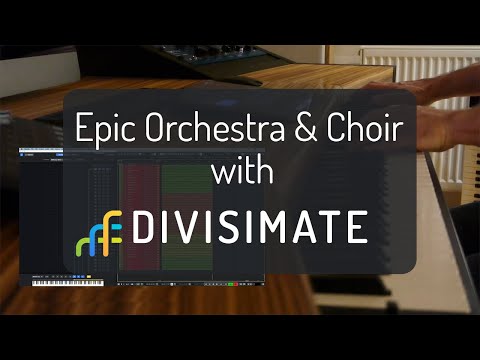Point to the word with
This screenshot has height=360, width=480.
click(240, 173)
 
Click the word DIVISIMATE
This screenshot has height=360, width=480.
click(255, 228)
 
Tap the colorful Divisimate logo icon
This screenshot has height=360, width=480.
click(99, 231)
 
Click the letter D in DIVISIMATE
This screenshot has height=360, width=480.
click(145, 228)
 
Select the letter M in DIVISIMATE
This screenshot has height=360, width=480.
click(276, 228)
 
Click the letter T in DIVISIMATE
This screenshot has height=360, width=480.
click(331, 228)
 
